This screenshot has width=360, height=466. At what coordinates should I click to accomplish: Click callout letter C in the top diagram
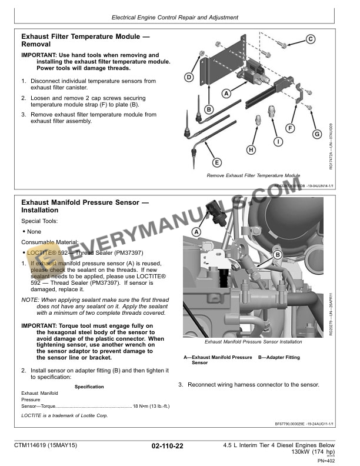coord(310,39)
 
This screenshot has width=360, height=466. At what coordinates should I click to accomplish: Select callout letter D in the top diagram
coord(189,77)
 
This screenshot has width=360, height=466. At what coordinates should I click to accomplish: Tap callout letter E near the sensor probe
coord(216,162)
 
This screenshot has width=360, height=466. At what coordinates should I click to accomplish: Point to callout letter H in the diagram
coord(251,149)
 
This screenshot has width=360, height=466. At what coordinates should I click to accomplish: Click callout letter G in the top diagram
coord(316,134)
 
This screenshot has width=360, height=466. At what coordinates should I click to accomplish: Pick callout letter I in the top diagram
coord(277,142)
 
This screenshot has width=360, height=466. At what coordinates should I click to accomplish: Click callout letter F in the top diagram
coord(290,127)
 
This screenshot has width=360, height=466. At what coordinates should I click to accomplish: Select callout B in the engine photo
coord(278,255)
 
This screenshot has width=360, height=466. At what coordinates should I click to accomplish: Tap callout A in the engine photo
coord(196,232)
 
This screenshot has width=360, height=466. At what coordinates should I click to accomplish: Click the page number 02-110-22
coord(167,447)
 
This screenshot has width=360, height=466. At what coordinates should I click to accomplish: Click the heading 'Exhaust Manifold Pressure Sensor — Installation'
coord(85,206)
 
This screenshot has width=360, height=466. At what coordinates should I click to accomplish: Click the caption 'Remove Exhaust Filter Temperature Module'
coord(253,175)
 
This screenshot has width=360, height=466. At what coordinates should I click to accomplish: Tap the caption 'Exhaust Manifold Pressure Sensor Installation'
coord(253,342)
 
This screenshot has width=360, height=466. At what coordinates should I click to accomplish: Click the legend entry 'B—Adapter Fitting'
coord(279,357)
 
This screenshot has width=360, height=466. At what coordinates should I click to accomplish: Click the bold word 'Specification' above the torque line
coord(89,387)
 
